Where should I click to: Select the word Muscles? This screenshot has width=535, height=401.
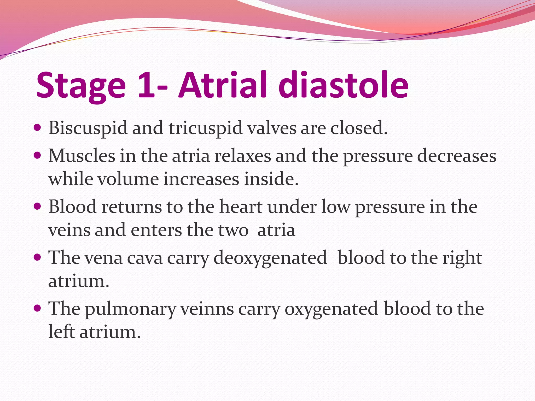[82, 156]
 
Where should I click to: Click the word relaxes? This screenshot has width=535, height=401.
[243, 156]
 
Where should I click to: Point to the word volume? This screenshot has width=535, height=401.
[128, 179]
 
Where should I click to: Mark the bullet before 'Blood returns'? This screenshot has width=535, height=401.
[38, 207]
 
